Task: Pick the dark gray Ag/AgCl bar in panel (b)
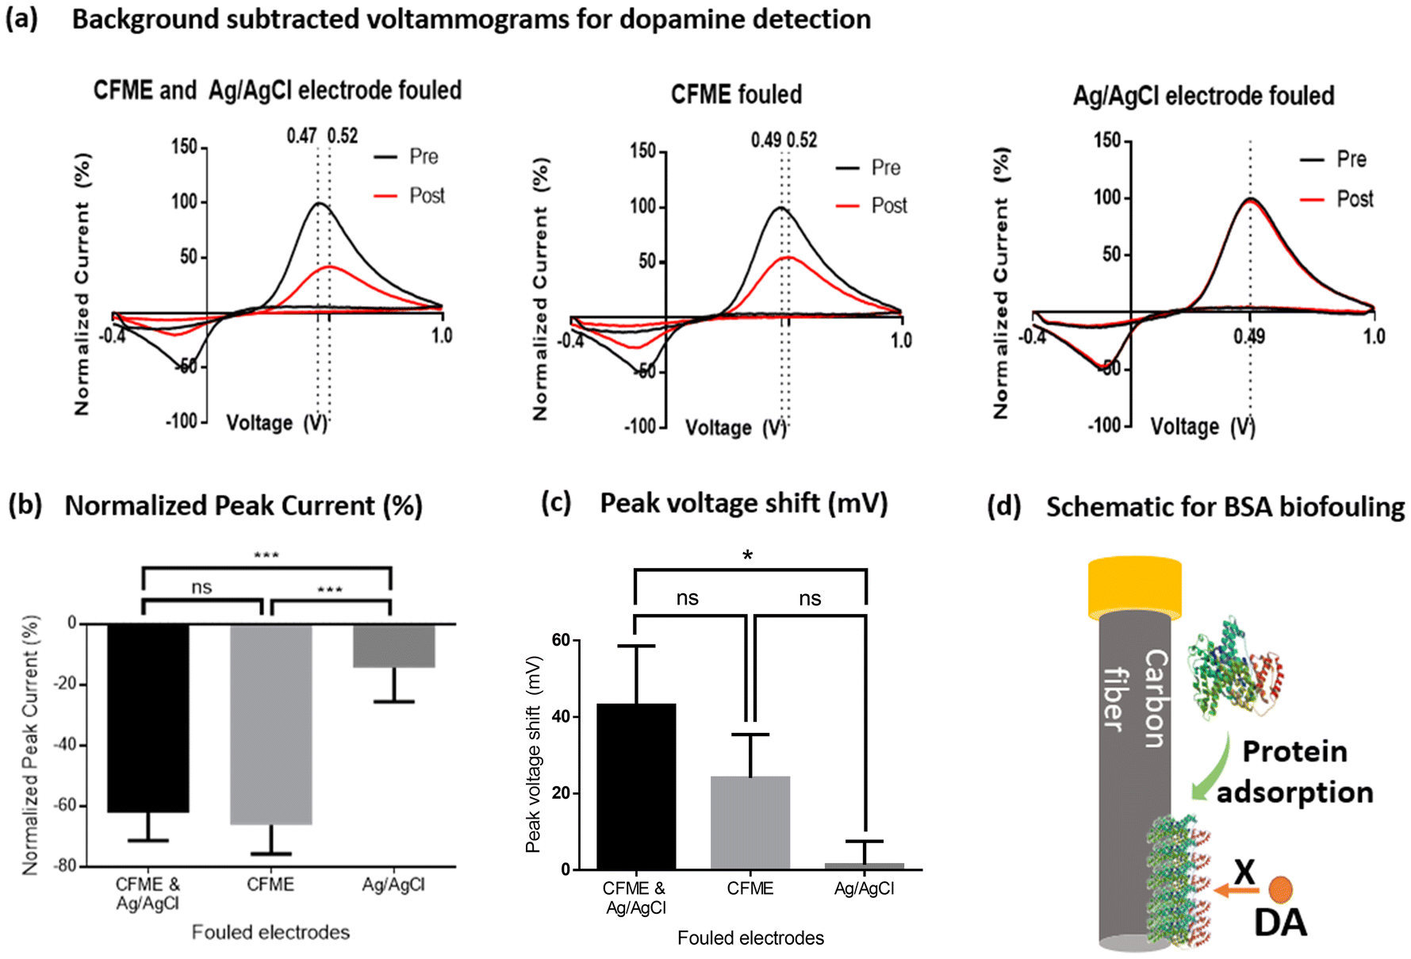(x=393, y=645)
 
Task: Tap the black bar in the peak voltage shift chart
(x=636, y=786)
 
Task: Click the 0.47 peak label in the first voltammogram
(x=301, y=136)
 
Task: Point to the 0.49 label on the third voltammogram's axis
(x=1249, y=336)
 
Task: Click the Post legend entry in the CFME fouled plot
(x=888, y=206)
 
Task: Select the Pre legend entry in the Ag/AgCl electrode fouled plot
(x=1351, y=159)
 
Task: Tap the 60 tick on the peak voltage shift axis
(x=561, y=640)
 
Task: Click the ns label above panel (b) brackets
(x=201, y=588)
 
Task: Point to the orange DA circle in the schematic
(x=1280, y=890)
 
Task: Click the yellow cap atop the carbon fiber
(x=1134, y=588)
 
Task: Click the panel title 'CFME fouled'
(x=736, y=95)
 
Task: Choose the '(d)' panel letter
(x=1003, y=506)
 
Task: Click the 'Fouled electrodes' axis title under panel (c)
(x=750, y=938)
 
